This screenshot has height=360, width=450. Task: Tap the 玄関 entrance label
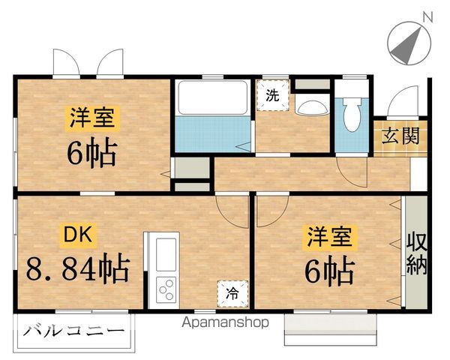tap(400, 136)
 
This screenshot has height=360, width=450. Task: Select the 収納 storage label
tap(417, 253)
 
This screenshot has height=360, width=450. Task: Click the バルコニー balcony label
tap(73, 330)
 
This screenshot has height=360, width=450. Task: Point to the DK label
tap(76, 236)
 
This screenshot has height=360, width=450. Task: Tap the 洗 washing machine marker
tap(272, 96)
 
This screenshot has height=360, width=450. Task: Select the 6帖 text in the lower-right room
tap(328, 271)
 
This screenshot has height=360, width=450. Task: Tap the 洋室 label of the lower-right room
tap(329, 238)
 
